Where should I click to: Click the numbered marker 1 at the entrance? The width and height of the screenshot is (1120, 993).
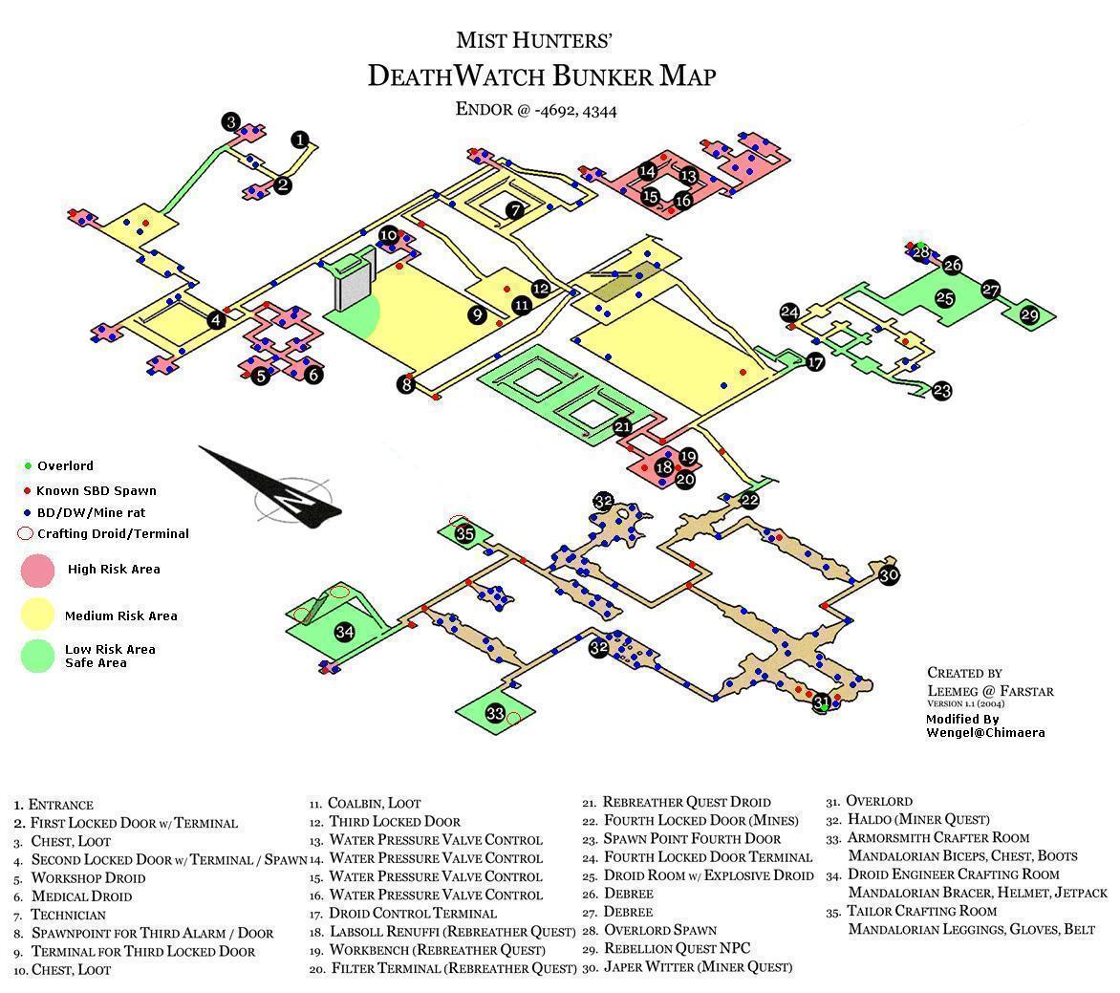coord(301,140)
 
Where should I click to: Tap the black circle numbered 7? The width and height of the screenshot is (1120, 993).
coord(515,210)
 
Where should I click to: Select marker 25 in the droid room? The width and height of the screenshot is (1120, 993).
coord(945,298)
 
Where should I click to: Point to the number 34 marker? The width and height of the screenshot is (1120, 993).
coord(345,632)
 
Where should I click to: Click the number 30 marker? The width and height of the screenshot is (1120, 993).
coord(889,575)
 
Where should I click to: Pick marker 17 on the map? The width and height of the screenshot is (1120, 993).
coord(815,362)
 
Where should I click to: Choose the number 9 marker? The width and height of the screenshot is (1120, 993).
coord(477,314)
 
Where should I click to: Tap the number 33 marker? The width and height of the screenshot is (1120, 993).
coord(496,713)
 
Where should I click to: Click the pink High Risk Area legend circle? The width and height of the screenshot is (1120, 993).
coord(38,570)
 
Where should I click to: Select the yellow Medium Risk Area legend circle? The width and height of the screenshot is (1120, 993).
coord(38,615)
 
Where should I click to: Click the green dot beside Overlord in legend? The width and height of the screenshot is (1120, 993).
coord(28,465)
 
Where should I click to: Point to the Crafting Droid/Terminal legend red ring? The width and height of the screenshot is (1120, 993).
coord(25,533)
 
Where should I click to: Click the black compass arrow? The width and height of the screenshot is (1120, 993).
coord(270,488)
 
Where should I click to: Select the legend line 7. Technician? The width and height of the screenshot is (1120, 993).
coord(59,916)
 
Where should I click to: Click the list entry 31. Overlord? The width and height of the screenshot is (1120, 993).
coord(870,802)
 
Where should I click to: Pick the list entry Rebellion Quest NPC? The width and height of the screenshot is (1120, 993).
coord(678,949)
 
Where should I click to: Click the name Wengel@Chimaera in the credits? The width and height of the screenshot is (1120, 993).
coord(985,733)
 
